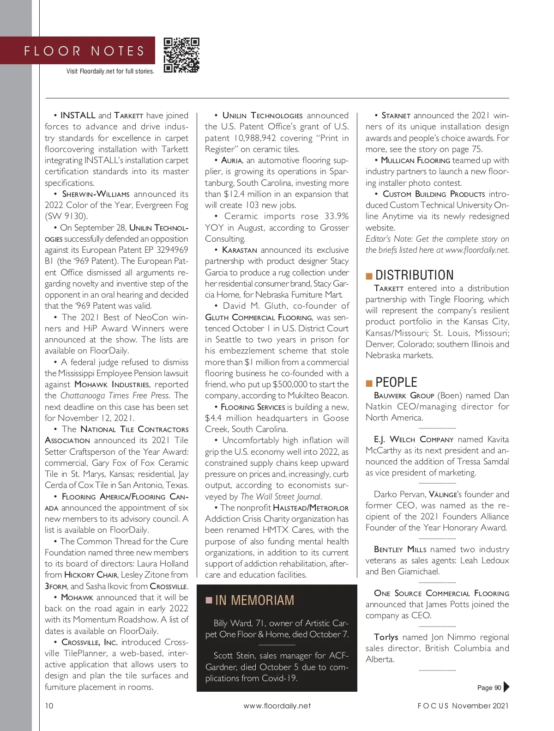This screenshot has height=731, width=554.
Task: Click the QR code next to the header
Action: point(181,55)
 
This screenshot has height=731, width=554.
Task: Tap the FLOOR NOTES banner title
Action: point(84,51)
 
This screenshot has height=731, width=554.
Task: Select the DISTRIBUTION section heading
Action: point(414,275)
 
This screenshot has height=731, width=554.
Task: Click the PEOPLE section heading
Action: point(396,383)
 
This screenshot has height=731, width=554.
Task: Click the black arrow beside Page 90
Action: point(506,687)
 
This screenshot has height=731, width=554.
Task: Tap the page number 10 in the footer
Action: point(49,706)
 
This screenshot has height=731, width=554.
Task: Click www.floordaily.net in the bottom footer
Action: point(277,706)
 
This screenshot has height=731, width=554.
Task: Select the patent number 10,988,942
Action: point(255,138)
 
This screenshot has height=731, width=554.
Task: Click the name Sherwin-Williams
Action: point(96,194)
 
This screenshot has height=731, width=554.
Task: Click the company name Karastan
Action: point(239,250)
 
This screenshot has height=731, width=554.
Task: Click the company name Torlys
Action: point(386,637)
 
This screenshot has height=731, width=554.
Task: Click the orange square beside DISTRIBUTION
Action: point(369,276)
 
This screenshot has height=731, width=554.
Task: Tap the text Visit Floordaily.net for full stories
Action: point(110,71)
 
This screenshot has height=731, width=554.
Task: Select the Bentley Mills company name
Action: point(400,549)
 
